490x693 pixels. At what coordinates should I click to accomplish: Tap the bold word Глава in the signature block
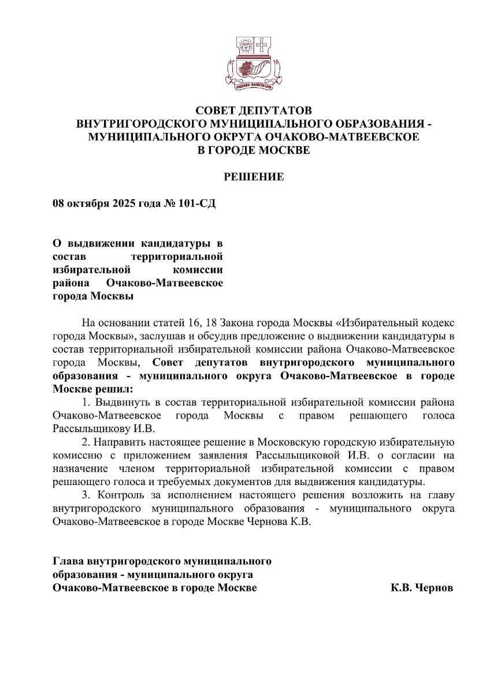pyautogui.click(x=68, y=561)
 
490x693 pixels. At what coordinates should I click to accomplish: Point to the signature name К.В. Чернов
pyautogui.click(x=422, y=588)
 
